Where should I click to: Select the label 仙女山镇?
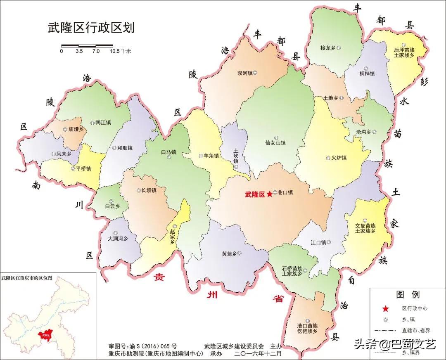pos(275,143)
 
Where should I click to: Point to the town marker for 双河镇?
pos(255,73)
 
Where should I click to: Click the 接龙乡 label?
pos(328,48)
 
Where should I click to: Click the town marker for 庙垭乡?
pos(65,129)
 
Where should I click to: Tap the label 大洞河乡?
pos(118,239)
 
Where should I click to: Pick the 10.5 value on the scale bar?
pos(114,52)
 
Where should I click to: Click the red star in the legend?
pos(385,308)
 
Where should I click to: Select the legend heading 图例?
pos(408,294)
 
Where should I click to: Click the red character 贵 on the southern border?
pos(159,277)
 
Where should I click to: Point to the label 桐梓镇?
pos(366,73)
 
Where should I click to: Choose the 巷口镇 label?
pos(285,192)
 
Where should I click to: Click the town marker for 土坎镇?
pos(236,167)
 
